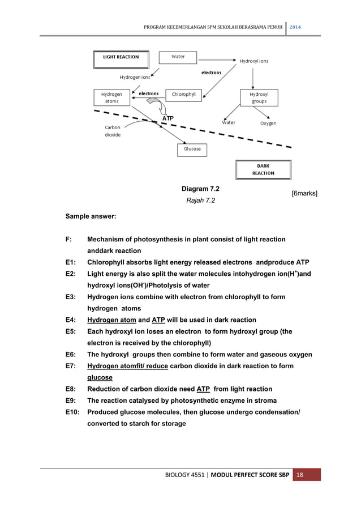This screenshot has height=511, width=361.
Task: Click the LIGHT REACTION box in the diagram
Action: pyautogui.click(x=120, y=57)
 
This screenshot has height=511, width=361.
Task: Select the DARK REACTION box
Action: pyautogui.click(x=263, y=169)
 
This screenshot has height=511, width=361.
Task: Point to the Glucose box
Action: pyautogui.click(x=192, y=149)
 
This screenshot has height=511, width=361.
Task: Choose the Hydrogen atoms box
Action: pyautogui.click(x=111, y=97)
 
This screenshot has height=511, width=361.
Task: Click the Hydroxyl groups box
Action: pyautogui.click(x=259, y=97)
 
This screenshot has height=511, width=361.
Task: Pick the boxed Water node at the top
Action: pyautogui.click(x=178, y=57)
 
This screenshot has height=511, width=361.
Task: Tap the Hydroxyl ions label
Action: pyautogui.click(x=254, y=61)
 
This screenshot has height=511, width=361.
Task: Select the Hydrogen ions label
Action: pyautogui.click(x=135, y=77)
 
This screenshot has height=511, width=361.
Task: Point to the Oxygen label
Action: pyautogui.click(x=268, y=123)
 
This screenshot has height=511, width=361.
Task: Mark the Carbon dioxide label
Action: pyautogui.click(x=112, y=131)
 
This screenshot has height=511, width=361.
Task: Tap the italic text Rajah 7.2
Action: pyautogui.click(x=198, y=200)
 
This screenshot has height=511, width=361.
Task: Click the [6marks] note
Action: pyautogui.click(x=304, y=194)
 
